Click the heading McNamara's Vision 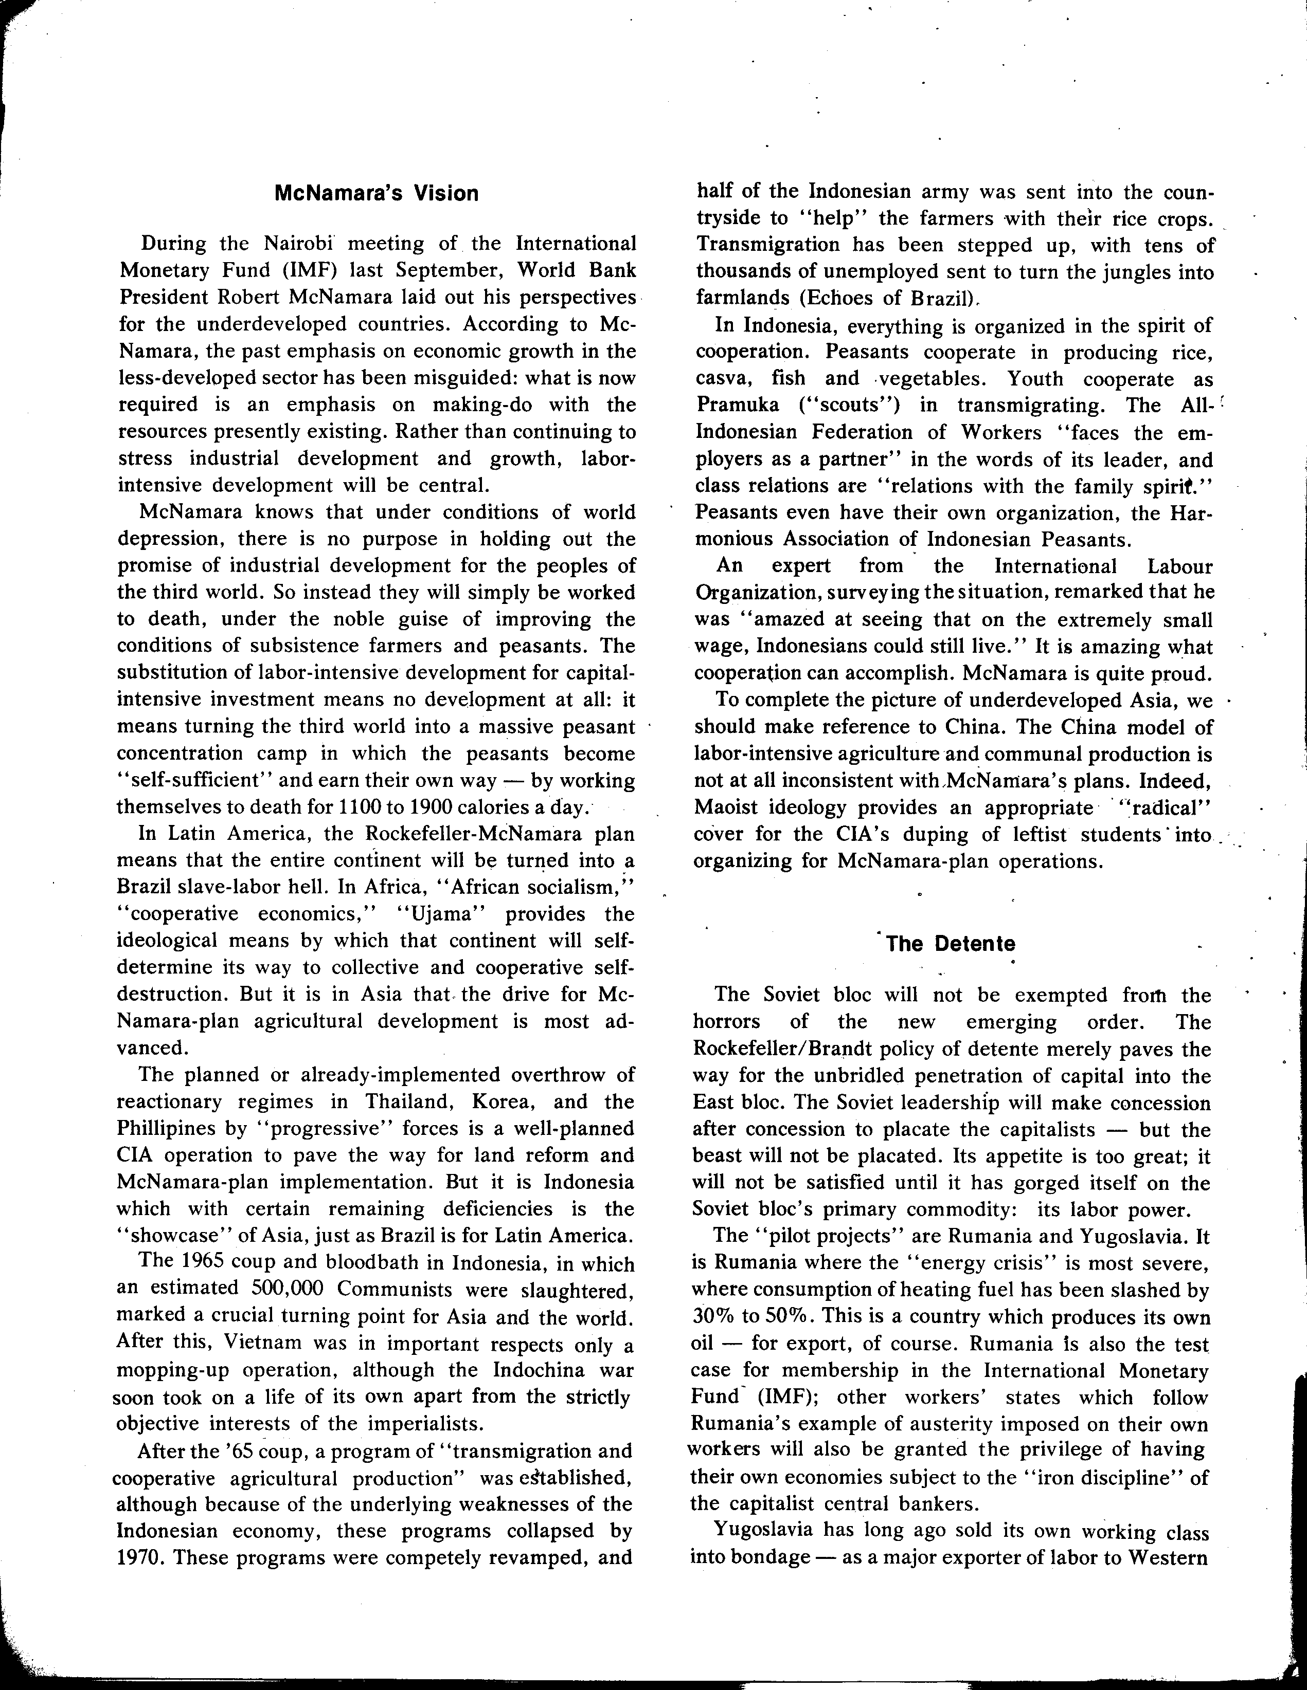click(377, 193)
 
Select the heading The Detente click(950, 944)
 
